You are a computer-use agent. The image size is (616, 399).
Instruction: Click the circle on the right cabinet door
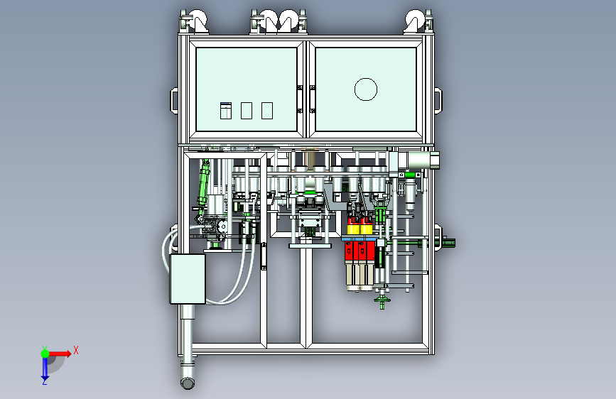pos(365,89)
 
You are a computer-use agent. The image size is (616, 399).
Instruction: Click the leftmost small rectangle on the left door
pos(225,111)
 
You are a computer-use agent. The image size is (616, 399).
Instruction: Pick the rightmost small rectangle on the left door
pos(267,110)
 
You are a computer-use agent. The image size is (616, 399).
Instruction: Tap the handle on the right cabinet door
pos(311,99)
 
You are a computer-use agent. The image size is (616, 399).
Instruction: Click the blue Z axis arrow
pos(45,367)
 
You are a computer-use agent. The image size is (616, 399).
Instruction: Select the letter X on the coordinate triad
pos(75,350)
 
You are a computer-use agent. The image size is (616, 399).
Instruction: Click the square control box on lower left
pos(188,279)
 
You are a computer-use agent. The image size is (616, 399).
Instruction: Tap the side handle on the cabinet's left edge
pos(173,99)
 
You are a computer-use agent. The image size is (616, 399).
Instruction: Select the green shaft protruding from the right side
pos(449,243)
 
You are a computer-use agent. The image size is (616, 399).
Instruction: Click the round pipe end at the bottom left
pos(188,383)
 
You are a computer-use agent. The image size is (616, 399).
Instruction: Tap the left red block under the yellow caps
pos(351,251)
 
